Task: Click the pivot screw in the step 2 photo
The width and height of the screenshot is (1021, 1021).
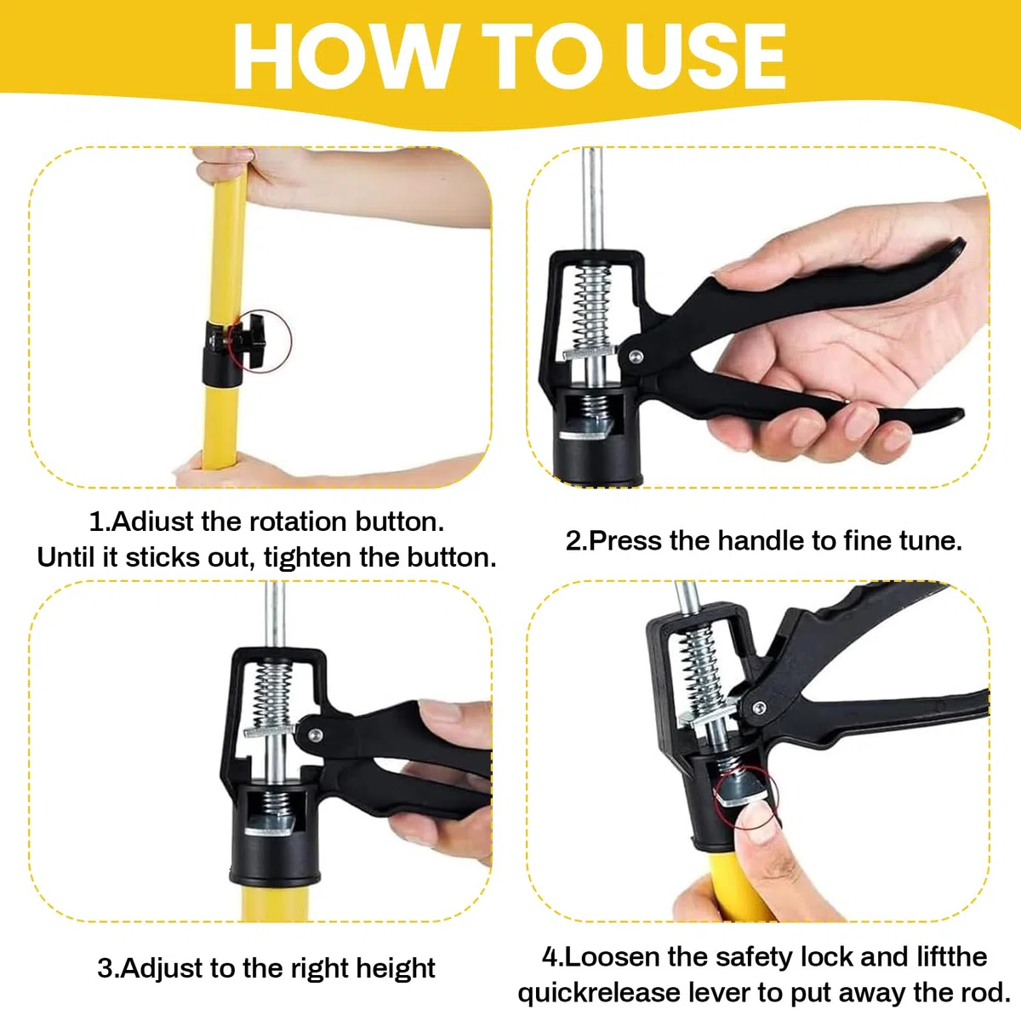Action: tap(635, 356)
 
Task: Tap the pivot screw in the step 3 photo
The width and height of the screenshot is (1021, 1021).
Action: tap(316, 735)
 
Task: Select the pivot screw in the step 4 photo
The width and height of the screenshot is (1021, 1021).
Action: tap(759, 707)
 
